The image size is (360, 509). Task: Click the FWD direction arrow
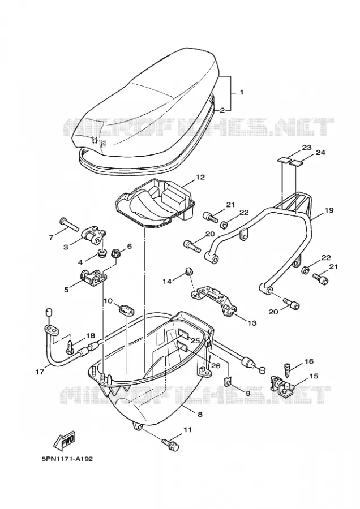click(65, 441)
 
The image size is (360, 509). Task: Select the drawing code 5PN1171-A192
click(67, 459)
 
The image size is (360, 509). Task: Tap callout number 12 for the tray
click(200, 177)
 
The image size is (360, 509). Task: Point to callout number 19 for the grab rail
click(329, 210)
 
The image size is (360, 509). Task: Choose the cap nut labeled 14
click(188, 270)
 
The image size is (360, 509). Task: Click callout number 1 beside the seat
click(241, 93)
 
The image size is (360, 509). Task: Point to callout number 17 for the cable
click(40, 372)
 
